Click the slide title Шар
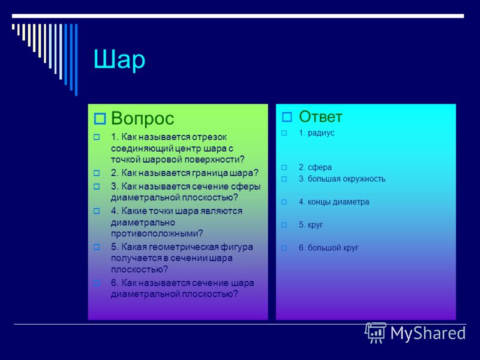(119, 60)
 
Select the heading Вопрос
(142, 118)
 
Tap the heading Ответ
(320, 116)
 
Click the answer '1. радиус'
(317, 133)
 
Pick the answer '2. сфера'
(315, 167)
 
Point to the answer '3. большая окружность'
(342, 179)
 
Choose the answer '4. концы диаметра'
(334, 202)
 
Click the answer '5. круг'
(311, 225)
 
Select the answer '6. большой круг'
(328, 248)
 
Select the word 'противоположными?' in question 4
(157, 233)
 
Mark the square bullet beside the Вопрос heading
(100, 119)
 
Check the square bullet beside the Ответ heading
(287, 117)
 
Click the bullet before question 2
(97, 173)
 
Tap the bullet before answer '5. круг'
(284, 225)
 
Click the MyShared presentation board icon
(376, 332)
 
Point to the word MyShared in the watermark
(428, 333)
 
